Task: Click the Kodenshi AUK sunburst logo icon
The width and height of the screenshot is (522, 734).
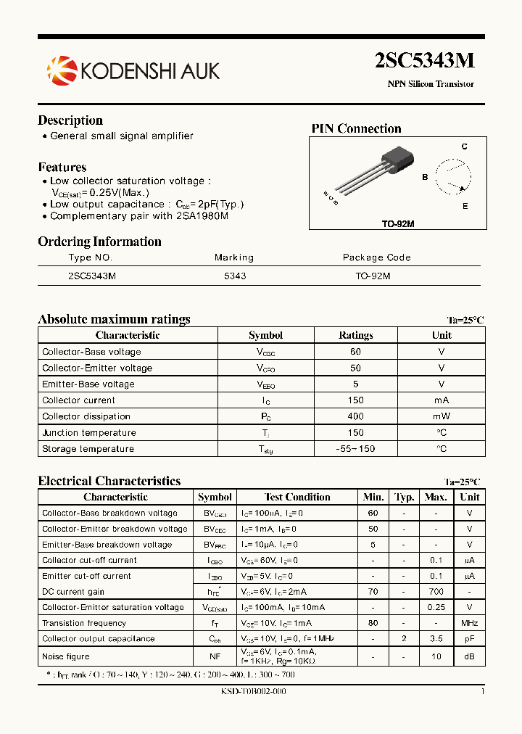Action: coord(61,70)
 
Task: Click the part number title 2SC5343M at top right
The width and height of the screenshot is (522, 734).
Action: coord(424,61)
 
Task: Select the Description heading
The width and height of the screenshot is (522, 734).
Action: coord(70,120)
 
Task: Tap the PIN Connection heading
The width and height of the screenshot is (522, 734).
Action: coord(356,129)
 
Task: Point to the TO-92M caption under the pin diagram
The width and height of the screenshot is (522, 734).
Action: coord(398,224)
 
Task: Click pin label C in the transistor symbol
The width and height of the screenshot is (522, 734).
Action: coord(465,147)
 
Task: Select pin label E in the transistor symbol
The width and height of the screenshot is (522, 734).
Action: coord(465,207)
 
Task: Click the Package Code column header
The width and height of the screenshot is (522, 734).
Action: coord(376,257)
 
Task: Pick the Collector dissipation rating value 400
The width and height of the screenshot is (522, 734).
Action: coord(355,416)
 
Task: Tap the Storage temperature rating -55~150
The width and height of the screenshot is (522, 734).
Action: coord(355,449)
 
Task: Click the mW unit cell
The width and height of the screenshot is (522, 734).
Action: coord(442,416)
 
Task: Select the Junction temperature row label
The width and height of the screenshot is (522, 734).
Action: coord(89,433)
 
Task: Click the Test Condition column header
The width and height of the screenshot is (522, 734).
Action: coord(297,498)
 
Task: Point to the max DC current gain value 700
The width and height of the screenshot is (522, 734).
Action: coord(436,592)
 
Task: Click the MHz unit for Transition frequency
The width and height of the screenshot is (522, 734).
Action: coord(470,623)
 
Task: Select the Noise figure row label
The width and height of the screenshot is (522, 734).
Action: coord(66,656)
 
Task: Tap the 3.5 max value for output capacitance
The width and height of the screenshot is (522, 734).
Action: coord(436,639)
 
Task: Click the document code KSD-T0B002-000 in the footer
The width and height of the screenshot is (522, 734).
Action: coord(253,692)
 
